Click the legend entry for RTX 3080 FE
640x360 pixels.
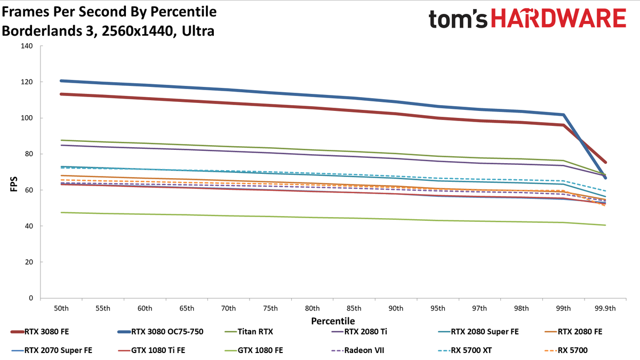[x=39, y=332]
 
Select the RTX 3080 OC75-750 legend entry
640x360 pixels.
[x=161, y=332]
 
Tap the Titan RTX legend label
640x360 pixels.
[x=255, y=332]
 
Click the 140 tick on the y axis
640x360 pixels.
[x=27, y=46]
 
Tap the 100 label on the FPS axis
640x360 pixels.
[x=27, y=118]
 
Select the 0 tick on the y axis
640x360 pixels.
[x=31, y=298]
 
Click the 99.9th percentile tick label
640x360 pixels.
[x=605, y=309]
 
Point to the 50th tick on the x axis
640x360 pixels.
[x=61, y=309]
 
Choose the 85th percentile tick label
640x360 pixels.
[x=354, y=309]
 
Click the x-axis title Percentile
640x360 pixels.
[x=333, y=321]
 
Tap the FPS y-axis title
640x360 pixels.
[x=14, y=184]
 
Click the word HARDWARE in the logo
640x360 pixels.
[x=558, y=18]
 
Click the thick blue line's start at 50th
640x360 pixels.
[x=61, y=81]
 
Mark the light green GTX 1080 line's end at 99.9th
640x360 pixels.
[x=605, y=225]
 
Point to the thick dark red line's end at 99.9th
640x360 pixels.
[x=605, y=162]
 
